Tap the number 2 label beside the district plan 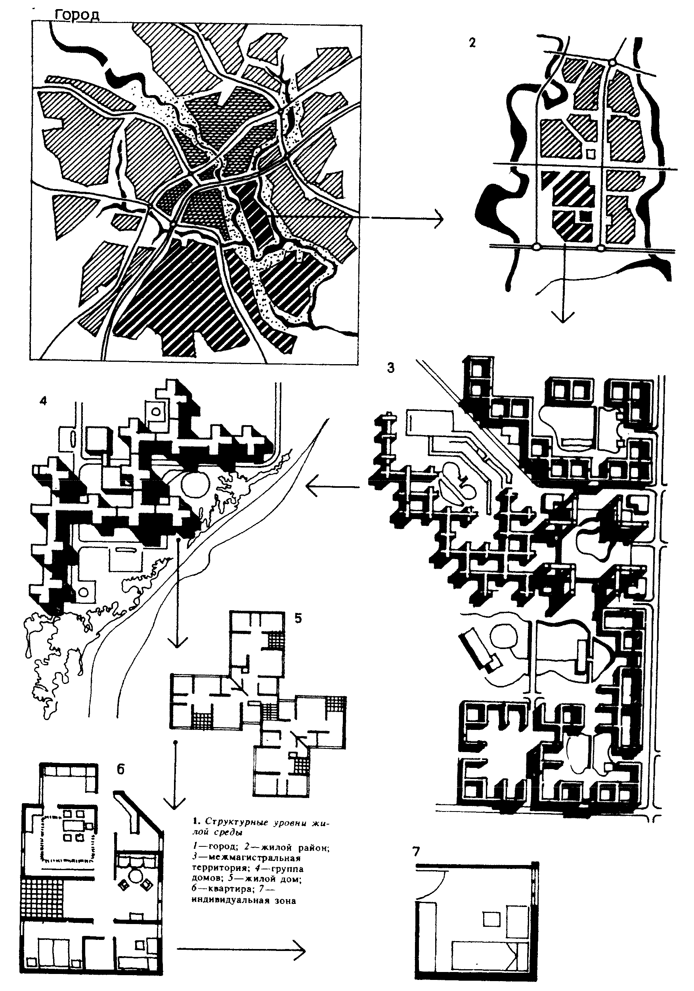tap(472, 43)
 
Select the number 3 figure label tap(390, 368)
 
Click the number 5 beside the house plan tap(298, 618)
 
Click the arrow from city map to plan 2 tap(408, 218)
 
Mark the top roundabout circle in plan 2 tap(612, 63)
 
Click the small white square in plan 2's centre tap(591, 153)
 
